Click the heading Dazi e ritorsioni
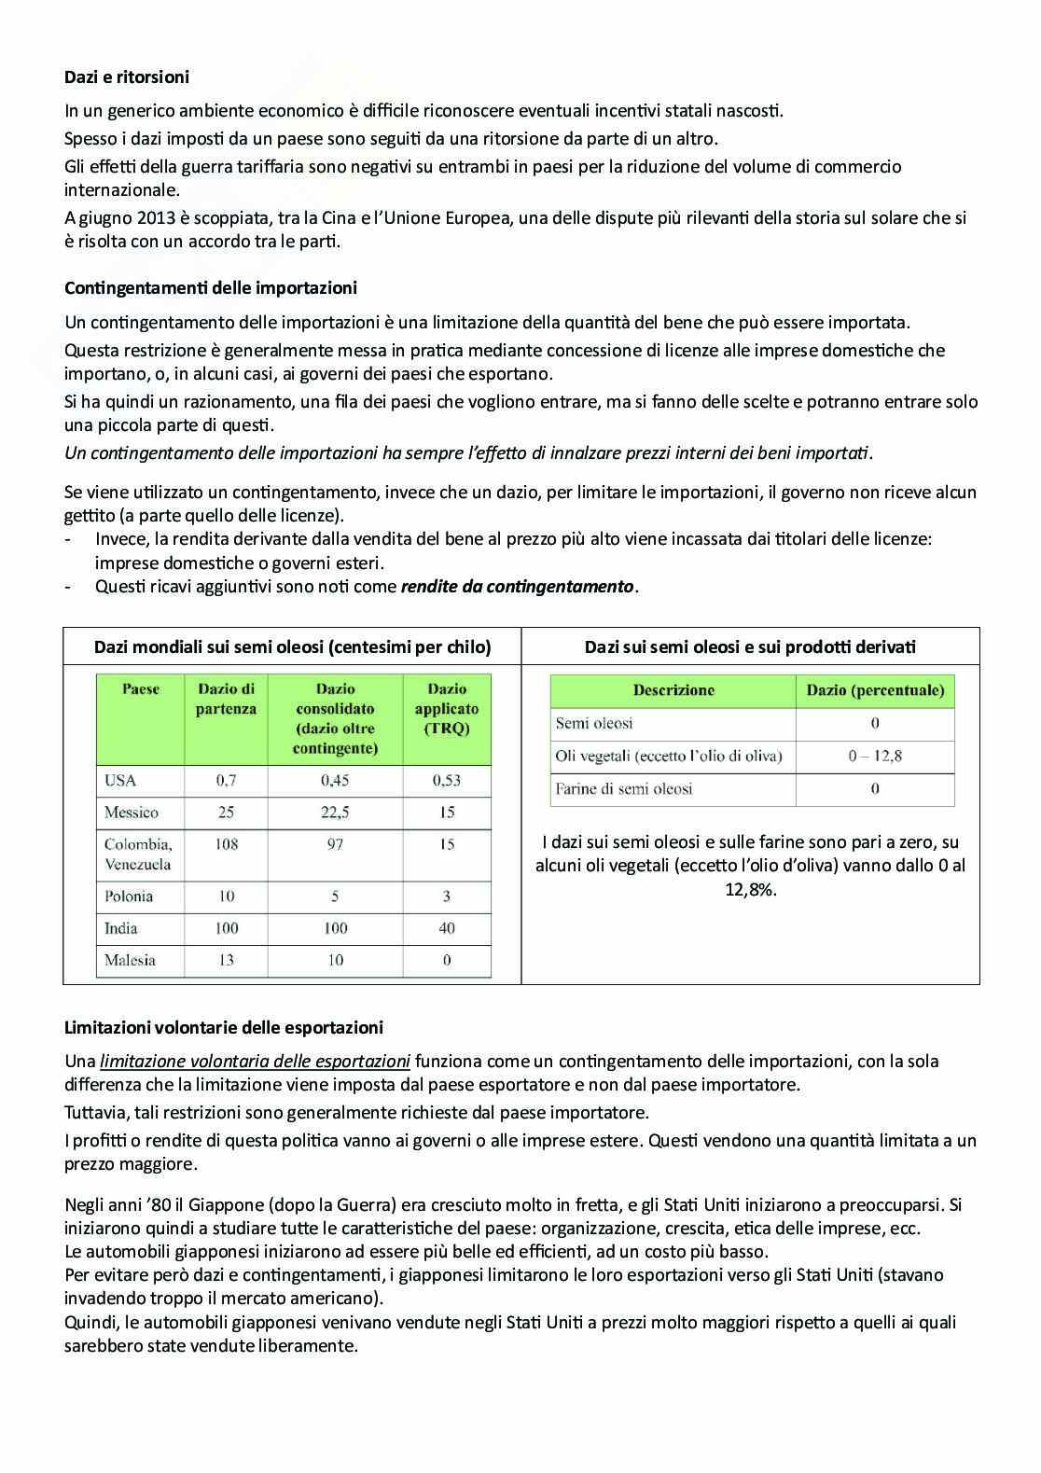pyautogui.click(x=127, y=77)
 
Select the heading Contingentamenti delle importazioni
pyautogui.click(x=211, y=288)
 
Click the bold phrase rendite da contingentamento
pyautogui.click(x=517, y=587)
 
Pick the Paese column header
pyautogui.click(x=141, y=689)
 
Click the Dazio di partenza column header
pyautogui.click(x=226, y=699)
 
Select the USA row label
pyautogui.click(x=120, y=780)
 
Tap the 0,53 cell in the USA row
pyautogui.click(x=446, y=780)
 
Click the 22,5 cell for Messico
pyautogui.click(x=335, y=813)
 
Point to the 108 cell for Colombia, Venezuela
pyautogui.click(x=226, y=844)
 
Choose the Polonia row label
pyautogui.click(x=129, y=896)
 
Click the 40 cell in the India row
pyautogui.click(x=446, y=928)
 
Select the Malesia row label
pyautogui.click(x=130, y=960)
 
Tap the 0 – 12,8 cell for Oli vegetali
pyautogui.click(x=874, y=756)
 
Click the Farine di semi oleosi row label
pyautogui.click(x=623, y=789)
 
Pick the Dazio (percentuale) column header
pyautogui.click(x=875, y=690)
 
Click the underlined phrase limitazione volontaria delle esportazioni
pyautogui.click(x=255, y=1062)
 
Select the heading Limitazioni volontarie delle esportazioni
pyautogui.click(x=224, y=1028)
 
